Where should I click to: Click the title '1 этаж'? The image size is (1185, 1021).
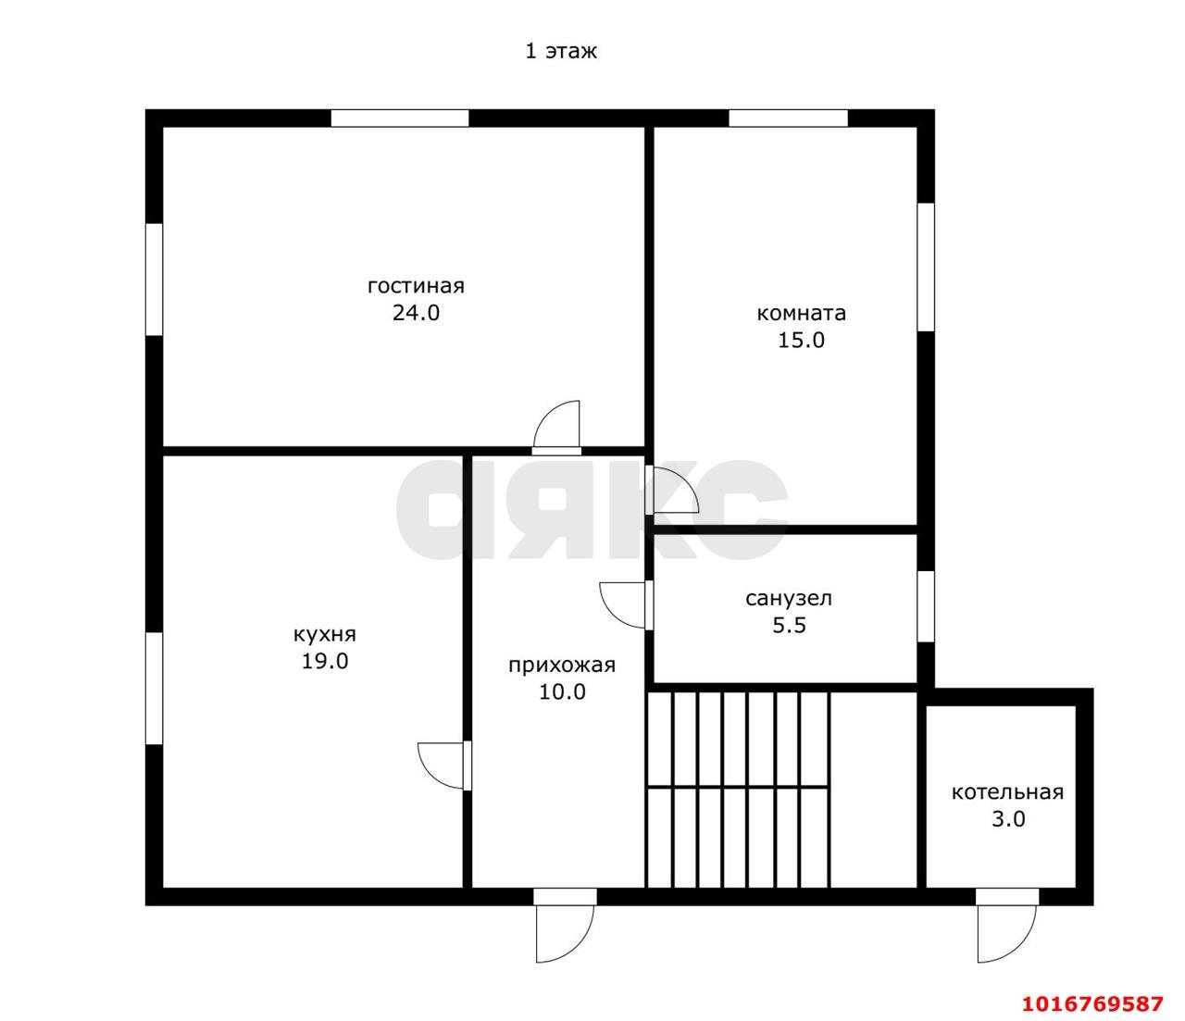click(561, 52)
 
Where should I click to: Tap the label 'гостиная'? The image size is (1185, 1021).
click(416, 285)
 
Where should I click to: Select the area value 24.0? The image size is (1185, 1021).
click(416, 313)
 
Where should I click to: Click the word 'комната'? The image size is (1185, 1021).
click(801, 313)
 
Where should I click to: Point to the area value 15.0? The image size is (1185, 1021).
click(801, 341)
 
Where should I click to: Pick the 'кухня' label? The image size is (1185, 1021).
click(324, 635)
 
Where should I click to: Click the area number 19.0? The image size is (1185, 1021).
click(324, 662)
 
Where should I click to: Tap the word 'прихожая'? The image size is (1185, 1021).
click(562, 666)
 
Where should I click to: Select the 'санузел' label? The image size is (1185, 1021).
click(788, 599)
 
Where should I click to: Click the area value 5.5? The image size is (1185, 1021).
click(789, 626)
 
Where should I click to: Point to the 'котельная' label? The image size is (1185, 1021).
click(1007, 793)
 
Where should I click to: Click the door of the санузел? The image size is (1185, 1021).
click(626, 605)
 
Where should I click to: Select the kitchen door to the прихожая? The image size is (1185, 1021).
click(444, 766)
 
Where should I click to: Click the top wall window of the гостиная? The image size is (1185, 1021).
click(400, 118)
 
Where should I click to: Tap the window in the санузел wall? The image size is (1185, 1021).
click(926, 606)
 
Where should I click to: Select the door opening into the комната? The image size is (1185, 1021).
click(672, 490)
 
